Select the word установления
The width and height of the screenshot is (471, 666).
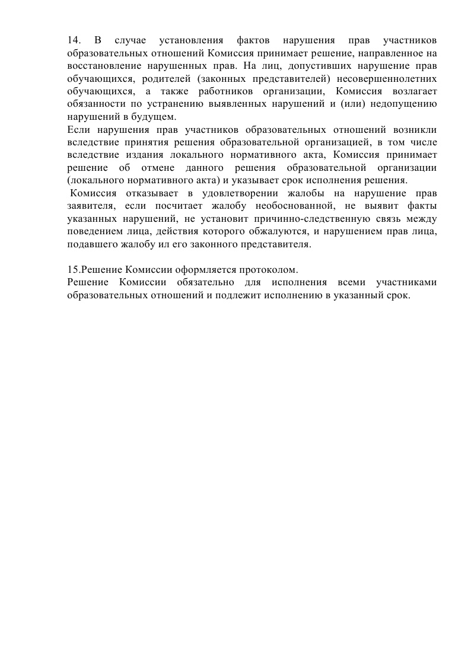tap(192, 40)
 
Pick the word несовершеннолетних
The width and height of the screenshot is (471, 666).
tap(387, 78)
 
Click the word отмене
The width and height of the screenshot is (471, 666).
tap(162, 168)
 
